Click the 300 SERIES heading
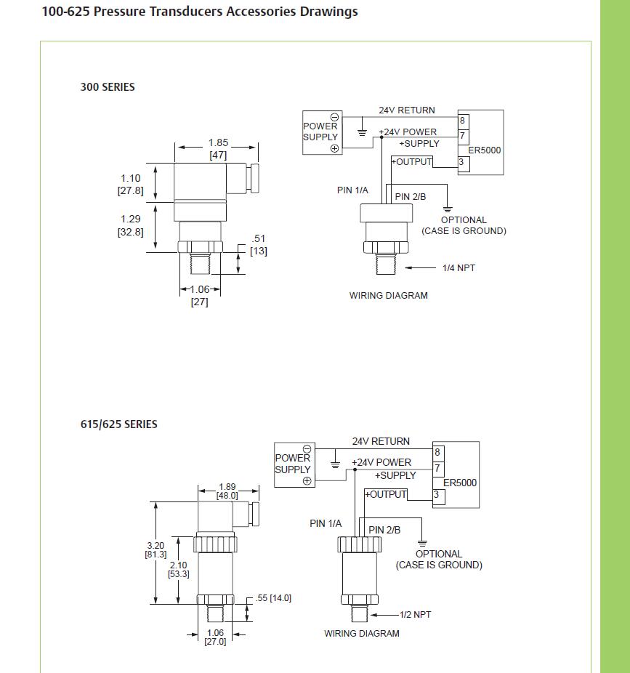point(108,87)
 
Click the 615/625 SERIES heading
point(118,424)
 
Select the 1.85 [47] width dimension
point(218,149)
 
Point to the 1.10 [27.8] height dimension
point(131,185)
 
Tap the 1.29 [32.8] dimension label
point(131,225)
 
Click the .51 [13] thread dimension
point(259,245)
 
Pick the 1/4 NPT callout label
point(459,268)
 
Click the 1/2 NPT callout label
point(415,615)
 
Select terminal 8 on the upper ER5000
point(463,121)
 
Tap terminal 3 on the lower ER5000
point(437,495)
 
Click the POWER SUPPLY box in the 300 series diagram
point(320,132)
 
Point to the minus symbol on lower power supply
point(307,448)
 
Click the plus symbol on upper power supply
point(334,148)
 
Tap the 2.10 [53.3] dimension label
point(178,569)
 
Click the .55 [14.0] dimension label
point(274,598)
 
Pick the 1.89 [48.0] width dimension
point(227,491)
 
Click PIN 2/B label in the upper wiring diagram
point(411,197)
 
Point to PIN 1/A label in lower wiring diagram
point(326,523)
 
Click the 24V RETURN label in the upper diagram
point(407,110)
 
